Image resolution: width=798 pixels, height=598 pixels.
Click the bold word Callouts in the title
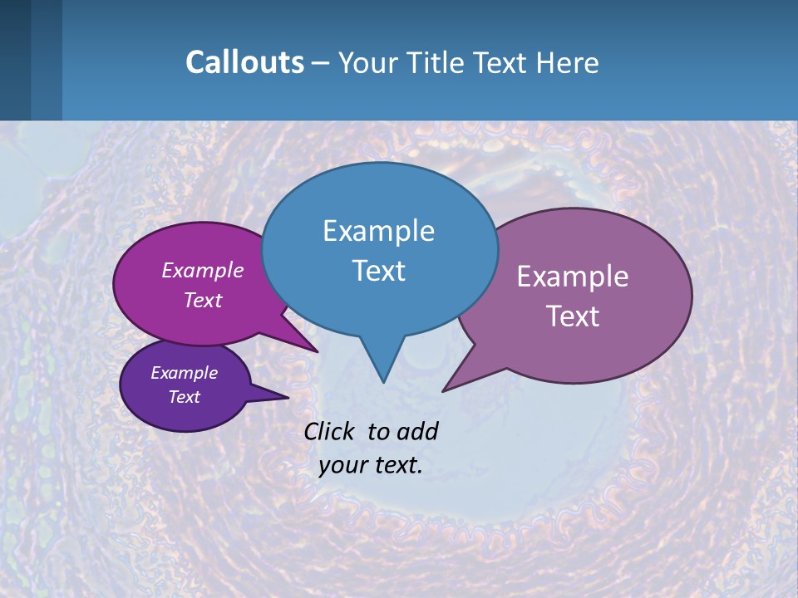tap(244, 62)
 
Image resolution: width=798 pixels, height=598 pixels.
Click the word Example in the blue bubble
tap(378, 231)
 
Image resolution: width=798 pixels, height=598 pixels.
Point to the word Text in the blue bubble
tap(378, 271)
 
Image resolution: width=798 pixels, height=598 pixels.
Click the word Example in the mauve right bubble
tap(573, 277)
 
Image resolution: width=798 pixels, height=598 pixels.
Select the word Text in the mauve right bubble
tap(573, 316)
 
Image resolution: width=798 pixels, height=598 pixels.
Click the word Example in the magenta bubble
tap(203, 270)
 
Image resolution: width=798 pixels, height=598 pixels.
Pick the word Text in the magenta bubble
tap(203, 300)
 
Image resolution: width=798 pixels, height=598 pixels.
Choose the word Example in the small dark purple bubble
tap(185, 373)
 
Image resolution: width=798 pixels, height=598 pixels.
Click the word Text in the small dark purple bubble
tap(185, 397)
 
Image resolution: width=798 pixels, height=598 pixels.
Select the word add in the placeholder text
tap(417, 431)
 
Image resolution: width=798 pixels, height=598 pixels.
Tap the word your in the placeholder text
tap(342, 465)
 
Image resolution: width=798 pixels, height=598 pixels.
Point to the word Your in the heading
tap(367, 62)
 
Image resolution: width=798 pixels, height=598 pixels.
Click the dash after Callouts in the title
tap(321, 63)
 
